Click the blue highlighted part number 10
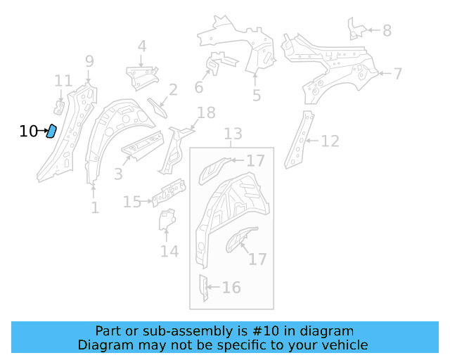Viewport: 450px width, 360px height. [51, 131]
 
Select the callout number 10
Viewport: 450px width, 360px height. [28, 131]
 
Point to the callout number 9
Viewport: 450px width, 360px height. [89, 61]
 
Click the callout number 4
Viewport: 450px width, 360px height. [142, 47]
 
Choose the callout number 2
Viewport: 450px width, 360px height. [173, 89]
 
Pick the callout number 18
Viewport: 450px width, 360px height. [206, 112]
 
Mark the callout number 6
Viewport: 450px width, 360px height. [199, 87]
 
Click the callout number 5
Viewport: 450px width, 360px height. [257, 95]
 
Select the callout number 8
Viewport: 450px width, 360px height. [387, 30]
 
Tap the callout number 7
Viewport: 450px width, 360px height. [398, 73]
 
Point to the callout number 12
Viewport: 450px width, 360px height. [330, 141]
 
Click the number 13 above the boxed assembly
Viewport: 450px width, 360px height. [233, 134]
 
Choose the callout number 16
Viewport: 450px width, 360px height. [231, 287]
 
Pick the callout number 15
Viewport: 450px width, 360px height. [132, 202]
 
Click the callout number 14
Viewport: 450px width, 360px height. [169, 250]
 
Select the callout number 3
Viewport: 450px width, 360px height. [118, 173]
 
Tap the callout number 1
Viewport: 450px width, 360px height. [95, 208]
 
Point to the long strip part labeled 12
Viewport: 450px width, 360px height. [297, 141]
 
